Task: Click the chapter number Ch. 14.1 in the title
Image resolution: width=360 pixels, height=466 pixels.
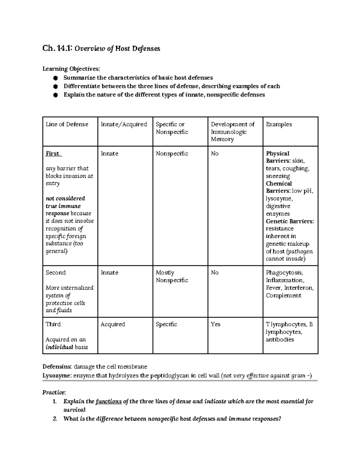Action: click(x=57, y=48)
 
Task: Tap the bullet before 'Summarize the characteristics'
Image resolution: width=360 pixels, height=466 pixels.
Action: click(x=55, y=78)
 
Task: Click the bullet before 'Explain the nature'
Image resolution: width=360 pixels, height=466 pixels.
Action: click(x=55, y=95)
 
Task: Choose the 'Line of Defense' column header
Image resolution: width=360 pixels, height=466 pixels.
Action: click(x=67, y=124)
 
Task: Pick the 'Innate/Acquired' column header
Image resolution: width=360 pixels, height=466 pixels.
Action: click(x=124, y=124)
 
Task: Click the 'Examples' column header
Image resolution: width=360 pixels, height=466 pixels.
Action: click(x=279, y=124)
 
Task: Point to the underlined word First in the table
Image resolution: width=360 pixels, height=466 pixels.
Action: click(x=53, y=154)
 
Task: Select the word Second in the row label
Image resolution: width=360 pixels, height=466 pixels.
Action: click(x=55, y=272)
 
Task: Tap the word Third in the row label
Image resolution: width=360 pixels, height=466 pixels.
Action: click(x=53, y=324)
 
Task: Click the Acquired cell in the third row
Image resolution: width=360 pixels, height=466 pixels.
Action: click(x=113, y=324)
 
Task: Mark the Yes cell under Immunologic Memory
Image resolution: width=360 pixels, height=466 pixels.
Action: click(x=215, y=324)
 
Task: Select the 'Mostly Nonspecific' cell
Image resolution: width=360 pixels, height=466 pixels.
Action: click(x=172, y=276)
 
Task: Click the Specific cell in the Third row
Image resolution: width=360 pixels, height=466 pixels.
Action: click(x=166, y=324)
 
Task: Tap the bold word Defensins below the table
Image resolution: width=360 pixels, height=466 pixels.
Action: click(x=57, y=367)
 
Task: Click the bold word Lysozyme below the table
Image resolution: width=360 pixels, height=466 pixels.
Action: click(x=57, y=375)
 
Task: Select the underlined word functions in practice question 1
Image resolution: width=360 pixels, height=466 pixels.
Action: click(x=109, y=401)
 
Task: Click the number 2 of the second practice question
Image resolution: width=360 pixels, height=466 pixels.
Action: click(x=55, y=419)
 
